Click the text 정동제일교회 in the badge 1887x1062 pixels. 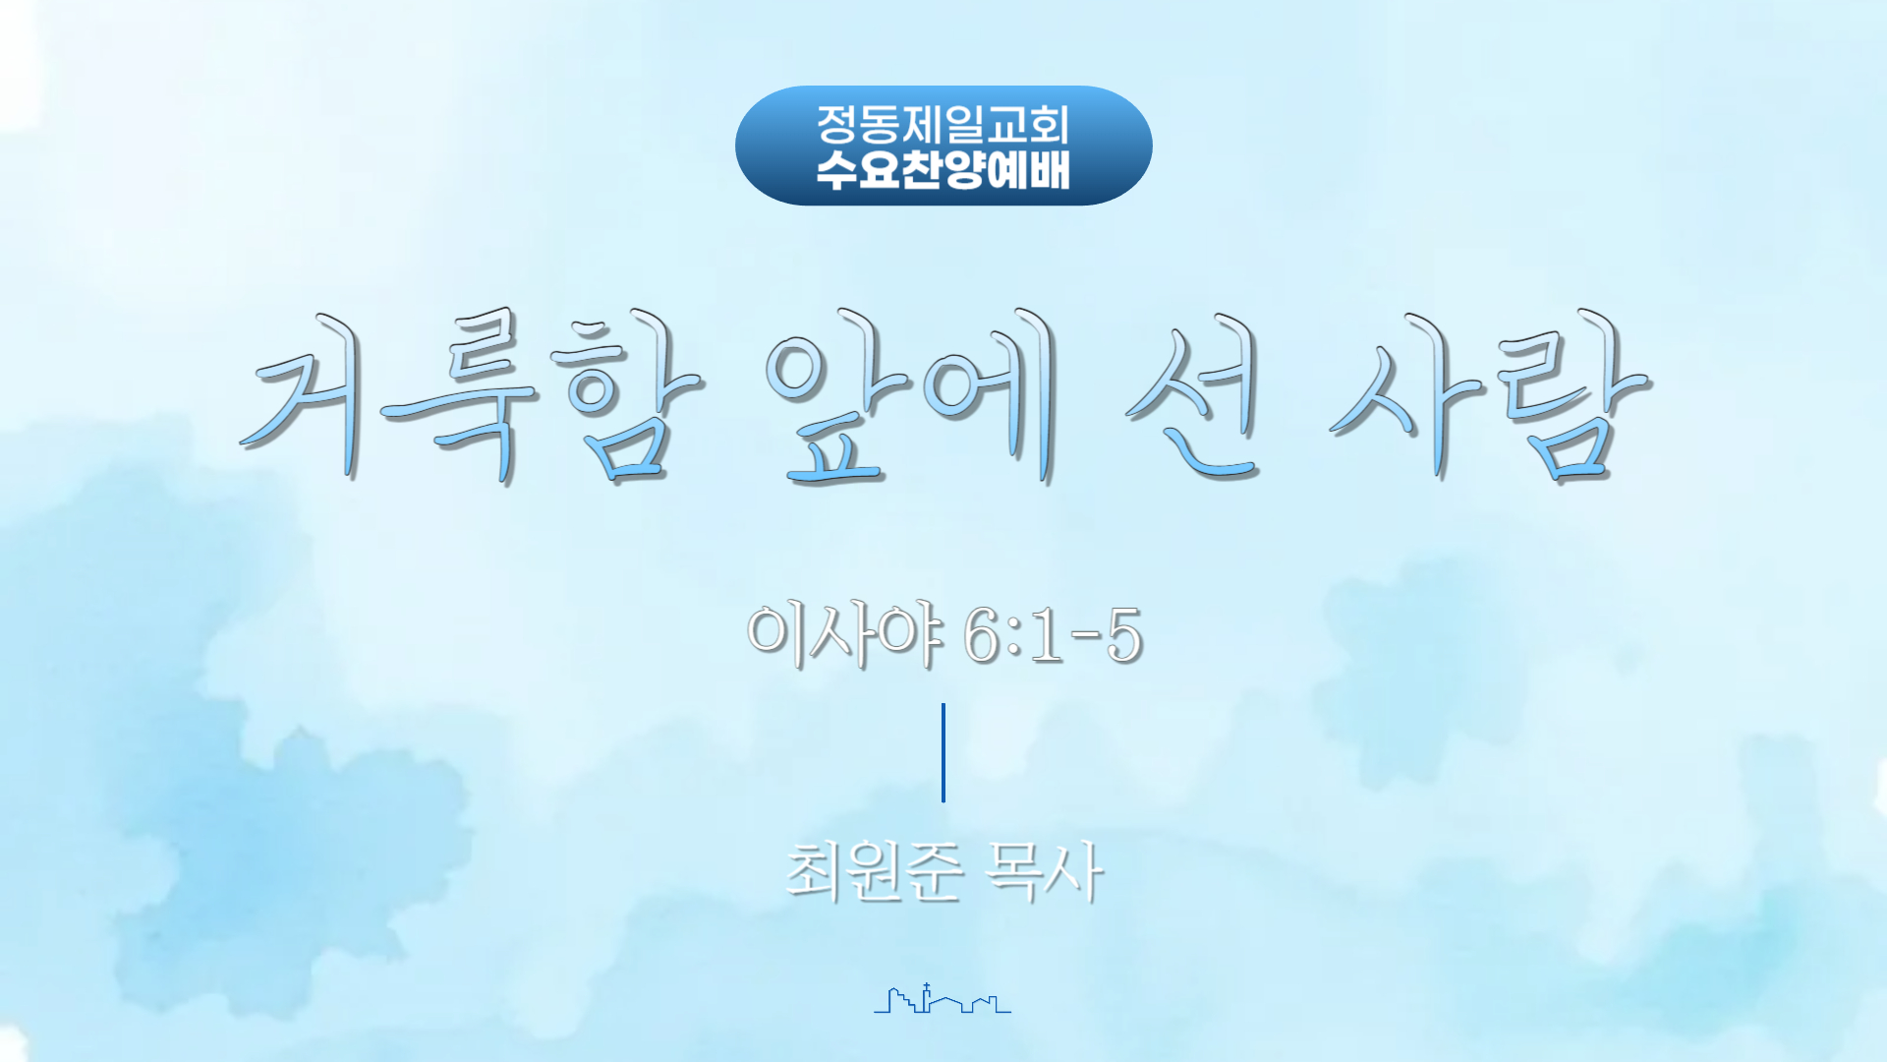coord(943,125)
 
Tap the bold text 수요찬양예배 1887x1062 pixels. coord(943,170)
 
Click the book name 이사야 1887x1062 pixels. coord(845,634)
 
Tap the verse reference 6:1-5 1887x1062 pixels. coord(1054,634)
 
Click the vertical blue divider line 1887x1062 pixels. coord(943,752)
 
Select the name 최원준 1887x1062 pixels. coord(874,871)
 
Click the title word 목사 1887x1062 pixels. coord(1045,871)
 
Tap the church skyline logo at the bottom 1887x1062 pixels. coord(943,998)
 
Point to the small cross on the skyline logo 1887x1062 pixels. coord(927,985)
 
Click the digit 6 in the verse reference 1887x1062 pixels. coord(983,635)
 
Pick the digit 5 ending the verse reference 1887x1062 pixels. coord(1124,635)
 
